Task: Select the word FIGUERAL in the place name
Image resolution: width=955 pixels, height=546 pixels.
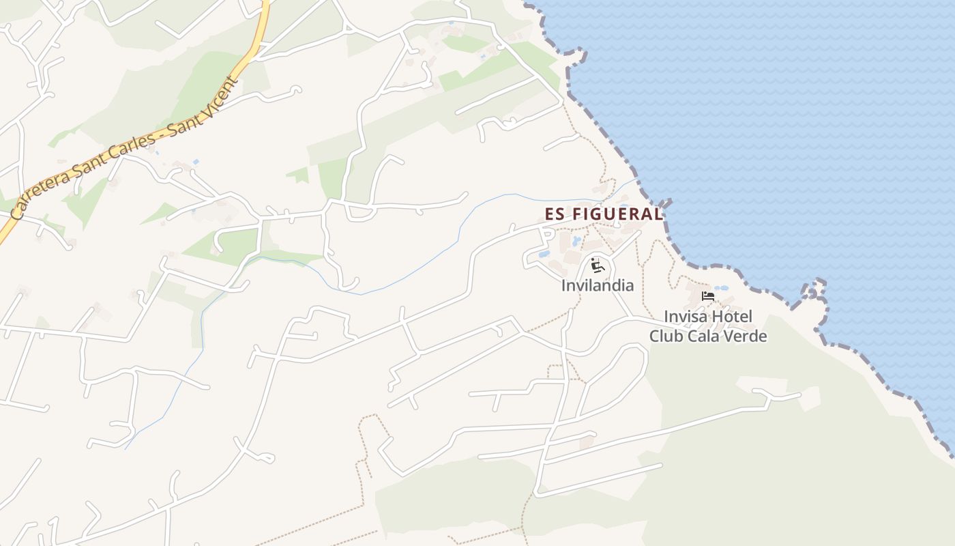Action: click(617, 214)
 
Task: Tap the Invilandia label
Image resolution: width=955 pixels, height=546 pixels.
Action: click(598, 285)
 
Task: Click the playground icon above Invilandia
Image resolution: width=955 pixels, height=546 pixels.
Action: click(598, 265)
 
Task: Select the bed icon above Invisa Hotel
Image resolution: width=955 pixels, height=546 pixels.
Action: click(708, 296)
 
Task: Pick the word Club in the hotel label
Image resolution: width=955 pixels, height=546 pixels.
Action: click(664, 336)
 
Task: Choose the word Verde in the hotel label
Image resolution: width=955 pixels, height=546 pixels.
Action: click(746, 336)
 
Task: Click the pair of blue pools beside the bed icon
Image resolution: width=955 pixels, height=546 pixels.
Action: click(721, 288)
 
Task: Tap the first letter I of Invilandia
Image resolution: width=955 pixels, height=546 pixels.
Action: click(563, 285)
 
